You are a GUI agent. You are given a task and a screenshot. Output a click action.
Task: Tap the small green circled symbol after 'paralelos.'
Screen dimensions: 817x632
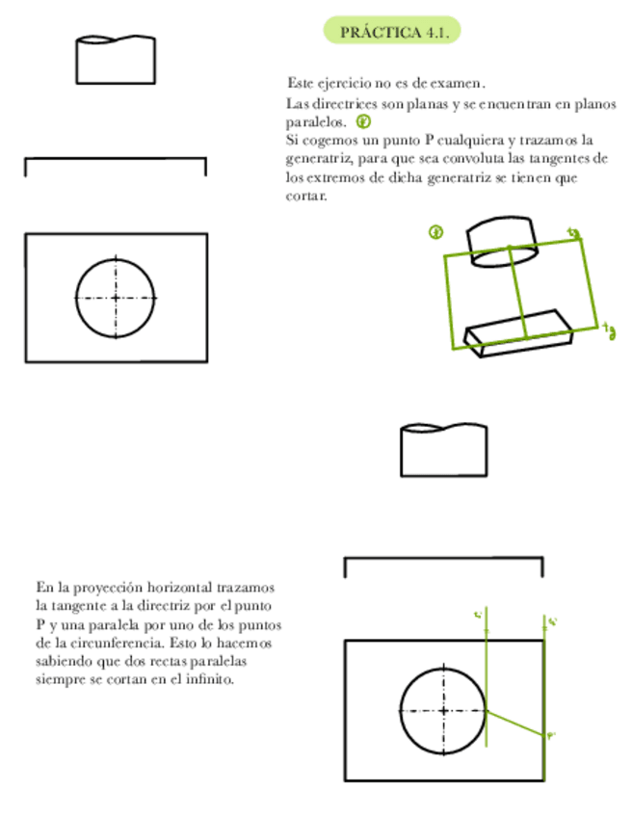(x=364, y=121)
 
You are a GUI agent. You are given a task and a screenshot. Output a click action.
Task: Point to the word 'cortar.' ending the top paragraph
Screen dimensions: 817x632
(x=306, y=195)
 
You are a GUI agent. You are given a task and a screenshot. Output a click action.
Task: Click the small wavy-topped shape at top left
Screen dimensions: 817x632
(x=116, y=61)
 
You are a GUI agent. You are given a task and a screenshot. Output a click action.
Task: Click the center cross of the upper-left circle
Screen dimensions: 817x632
(x=116, y=298)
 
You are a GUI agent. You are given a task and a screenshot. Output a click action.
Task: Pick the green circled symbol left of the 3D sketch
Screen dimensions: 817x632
(x=436, y=232)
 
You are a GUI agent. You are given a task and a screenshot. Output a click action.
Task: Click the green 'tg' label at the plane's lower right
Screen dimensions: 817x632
(x=609, y=330)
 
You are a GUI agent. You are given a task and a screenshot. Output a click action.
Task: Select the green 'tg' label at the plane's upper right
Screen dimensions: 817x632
(x=574, y=232)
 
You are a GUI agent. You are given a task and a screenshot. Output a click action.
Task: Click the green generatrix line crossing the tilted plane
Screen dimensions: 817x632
(x=517, y=289)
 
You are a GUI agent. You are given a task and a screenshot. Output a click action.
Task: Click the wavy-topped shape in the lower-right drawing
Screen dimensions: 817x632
(x=443, y=450)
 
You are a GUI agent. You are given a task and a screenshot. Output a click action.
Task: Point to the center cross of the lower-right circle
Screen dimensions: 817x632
(x=443, y=711)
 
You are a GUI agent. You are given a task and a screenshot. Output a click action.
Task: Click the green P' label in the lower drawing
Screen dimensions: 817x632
(x=552, y=736)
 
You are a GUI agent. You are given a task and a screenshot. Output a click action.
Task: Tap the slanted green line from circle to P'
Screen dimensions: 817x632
(x=515, y=723)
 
